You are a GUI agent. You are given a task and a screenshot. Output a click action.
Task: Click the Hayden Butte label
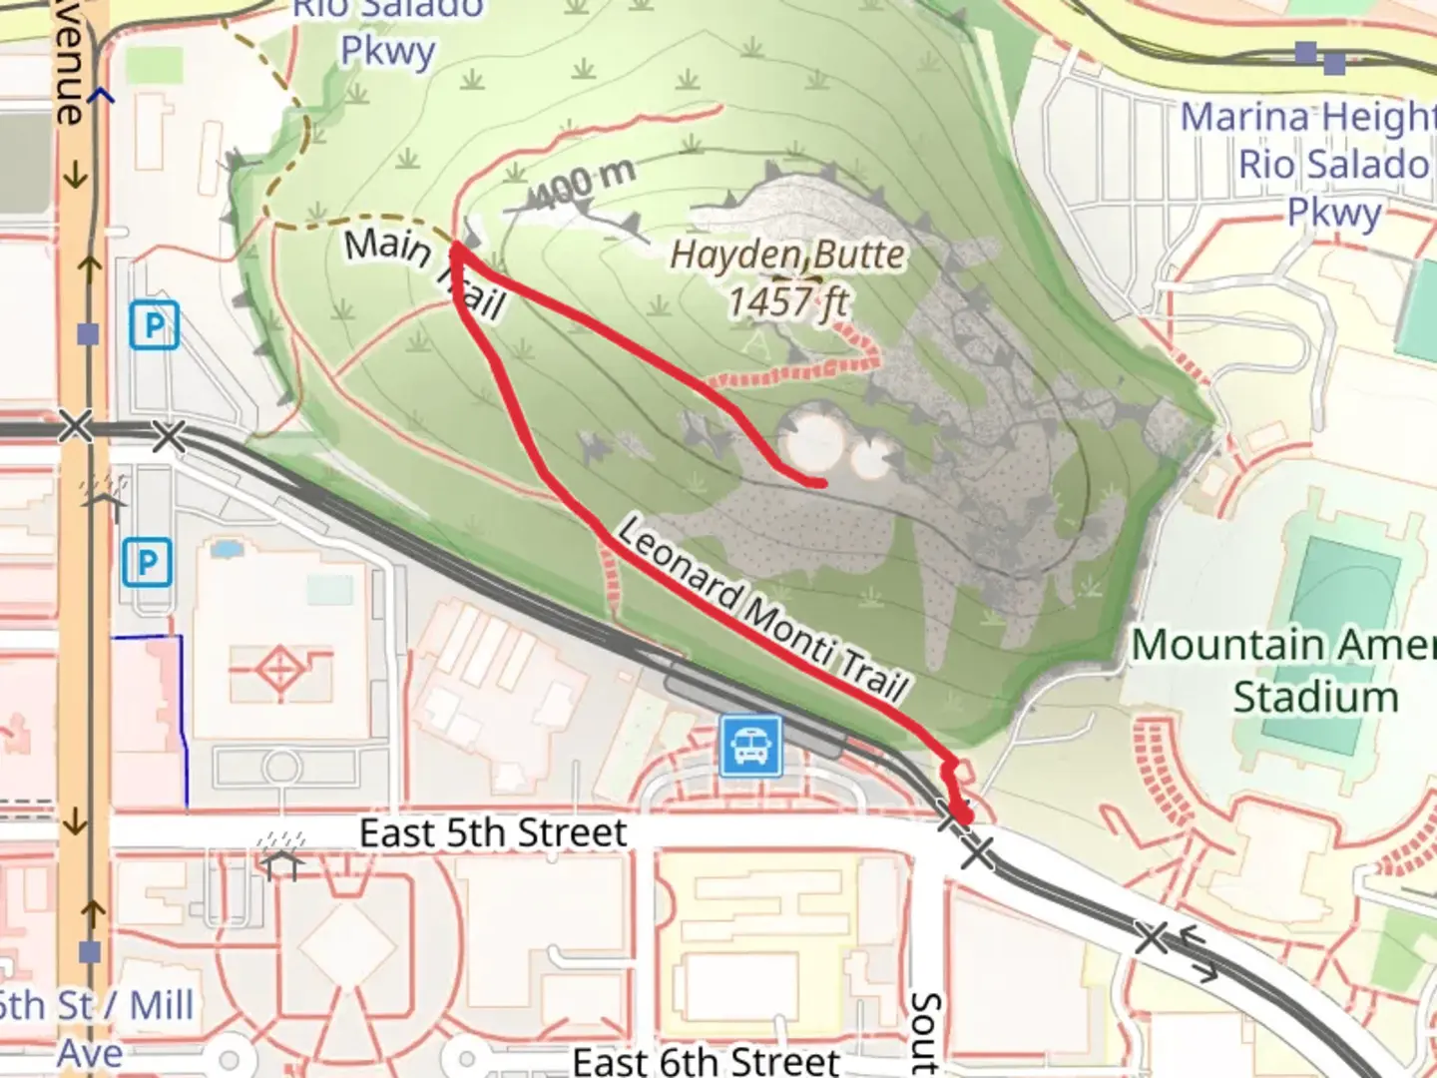point(787,256)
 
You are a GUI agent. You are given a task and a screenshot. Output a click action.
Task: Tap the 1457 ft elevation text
point(787,300)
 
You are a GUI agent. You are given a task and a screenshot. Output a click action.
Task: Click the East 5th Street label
point(493,832)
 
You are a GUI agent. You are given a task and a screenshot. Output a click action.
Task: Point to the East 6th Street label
point(707,1060)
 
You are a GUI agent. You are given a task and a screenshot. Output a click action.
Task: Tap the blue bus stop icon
point(750,747)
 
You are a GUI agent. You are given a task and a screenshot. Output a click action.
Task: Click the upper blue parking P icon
point(154,324)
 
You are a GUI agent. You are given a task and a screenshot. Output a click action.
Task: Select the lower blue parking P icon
point(148,563)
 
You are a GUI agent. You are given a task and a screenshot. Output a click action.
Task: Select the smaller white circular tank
point(870,459)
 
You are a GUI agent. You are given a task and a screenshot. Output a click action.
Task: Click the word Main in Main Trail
point(387,245)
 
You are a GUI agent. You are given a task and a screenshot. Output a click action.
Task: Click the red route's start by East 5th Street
point(964,818)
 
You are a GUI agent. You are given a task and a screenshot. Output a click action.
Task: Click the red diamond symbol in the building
point(280,666)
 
